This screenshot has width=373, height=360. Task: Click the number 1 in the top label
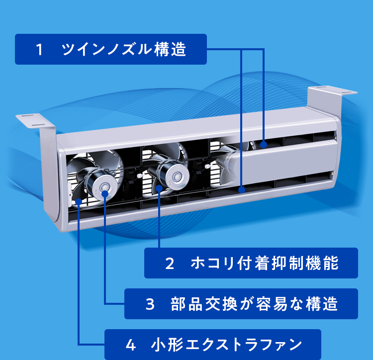(39, 49)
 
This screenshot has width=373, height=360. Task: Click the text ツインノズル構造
(124, 49)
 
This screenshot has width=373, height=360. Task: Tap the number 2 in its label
(170, 264)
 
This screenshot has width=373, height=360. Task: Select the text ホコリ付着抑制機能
(265, 263)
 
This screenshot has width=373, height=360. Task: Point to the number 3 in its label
(150, 304)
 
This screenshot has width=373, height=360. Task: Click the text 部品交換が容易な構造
(254, 304)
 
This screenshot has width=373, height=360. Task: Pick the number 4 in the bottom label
(131, 345)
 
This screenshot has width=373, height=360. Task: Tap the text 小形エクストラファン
(226, 345)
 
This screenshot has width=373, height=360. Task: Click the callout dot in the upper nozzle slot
(263, 145)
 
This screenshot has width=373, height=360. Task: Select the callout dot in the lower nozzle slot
(242, 190)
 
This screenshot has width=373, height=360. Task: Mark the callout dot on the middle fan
(159, 188)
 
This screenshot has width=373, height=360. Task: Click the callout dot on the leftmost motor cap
(105, 194)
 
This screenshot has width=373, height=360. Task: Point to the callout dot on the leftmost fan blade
(79, 202)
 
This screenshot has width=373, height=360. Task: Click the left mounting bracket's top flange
(35, 120)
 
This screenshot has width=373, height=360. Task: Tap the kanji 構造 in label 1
(170, 49)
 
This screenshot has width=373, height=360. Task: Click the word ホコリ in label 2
(212, 263)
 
